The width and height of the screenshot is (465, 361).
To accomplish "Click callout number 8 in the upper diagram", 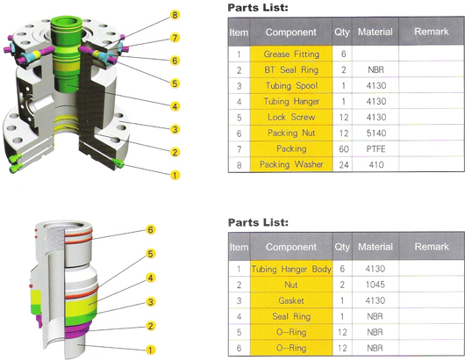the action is click(175, 15).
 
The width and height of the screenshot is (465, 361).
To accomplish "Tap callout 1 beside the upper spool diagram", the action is click(175, 175).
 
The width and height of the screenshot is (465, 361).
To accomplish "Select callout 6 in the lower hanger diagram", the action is click(151, 229).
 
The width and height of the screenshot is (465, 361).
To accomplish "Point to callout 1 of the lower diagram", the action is click(151, 350).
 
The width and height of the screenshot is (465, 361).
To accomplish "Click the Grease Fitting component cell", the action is click(291, 54).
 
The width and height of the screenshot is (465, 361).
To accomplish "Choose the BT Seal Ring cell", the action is click(291, 69).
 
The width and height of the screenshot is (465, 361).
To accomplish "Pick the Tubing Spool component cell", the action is click(291, 85).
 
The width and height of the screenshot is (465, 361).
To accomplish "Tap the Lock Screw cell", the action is click(291, 117).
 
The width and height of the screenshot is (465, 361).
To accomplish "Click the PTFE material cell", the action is click(376, 148).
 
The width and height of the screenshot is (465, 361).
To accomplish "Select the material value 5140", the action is click(376, 133).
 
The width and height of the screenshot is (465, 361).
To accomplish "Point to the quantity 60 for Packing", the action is click(343, 148).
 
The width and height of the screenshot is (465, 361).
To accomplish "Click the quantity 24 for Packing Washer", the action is click(343, 164).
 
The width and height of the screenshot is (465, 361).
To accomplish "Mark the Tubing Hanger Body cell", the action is click(291, 269).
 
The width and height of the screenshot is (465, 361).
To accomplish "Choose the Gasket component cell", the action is click(291, 300).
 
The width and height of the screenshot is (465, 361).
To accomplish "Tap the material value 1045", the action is click(376, 285).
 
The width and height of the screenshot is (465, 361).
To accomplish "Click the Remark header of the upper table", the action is click(432, 32).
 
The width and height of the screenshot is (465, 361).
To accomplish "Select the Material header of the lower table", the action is click(376, 247).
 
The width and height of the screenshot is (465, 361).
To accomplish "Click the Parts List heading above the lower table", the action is click(258, 222).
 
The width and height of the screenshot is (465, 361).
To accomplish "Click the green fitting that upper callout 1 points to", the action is click(118, 162).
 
